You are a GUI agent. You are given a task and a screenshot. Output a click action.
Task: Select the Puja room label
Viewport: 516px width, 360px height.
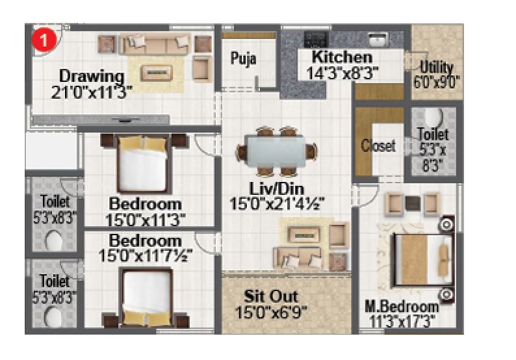click(244, 59)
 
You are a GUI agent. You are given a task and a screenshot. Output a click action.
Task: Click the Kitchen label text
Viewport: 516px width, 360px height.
click(342, 57)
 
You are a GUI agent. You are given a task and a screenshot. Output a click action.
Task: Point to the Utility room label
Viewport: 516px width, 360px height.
click(436, 68)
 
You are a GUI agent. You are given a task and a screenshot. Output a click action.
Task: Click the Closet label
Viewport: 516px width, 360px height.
click(378, 146)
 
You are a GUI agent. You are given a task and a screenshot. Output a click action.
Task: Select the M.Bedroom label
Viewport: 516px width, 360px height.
click(401, 307)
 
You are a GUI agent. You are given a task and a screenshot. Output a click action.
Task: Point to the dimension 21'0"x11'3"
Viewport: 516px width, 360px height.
click(91, 92)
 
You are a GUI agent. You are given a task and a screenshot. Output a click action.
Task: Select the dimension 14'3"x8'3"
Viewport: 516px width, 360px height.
click(342, 73)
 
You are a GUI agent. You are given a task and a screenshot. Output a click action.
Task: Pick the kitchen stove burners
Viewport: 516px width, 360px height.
click(315, 38)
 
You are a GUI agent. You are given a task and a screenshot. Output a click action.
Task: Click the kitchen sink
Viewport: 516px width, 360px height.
click(376, 38)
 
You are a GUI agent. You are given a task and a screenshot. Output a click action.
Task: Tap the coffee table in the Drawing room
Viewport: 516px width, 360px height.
click(153, 71)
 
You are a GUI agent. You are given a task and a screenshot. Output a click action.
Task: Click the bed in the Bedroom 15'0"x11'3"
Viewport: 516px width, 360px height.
click(142, 166)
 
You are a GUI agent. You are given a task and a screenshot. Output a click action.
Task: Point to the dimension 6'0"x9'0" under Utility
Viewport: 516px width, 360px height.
click(436, 82)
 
